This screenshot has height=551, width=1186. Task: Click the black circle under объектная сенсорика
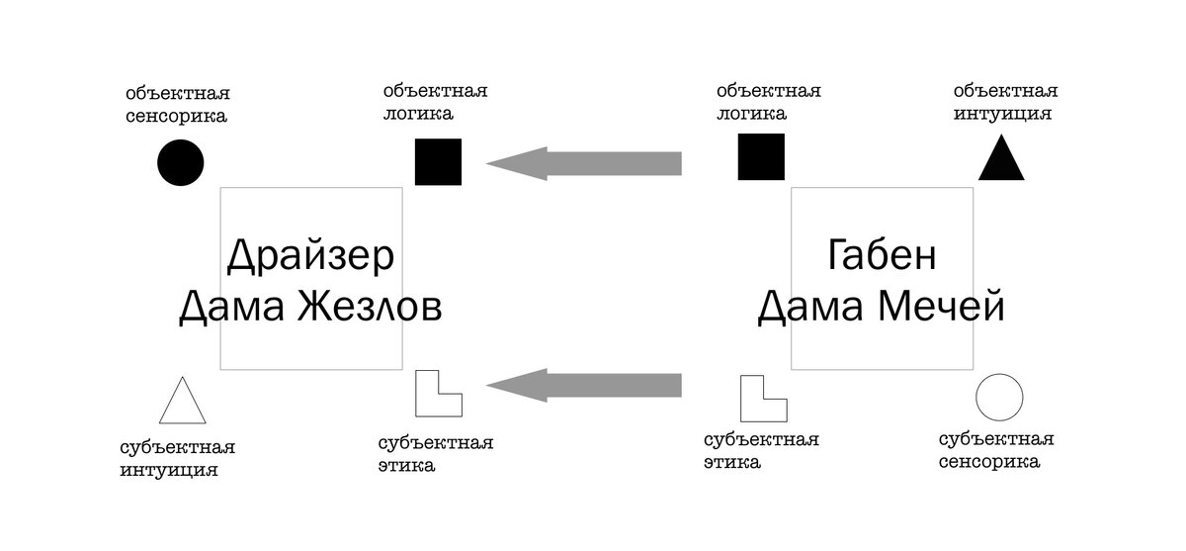pyautogui.click(x=180, y=162)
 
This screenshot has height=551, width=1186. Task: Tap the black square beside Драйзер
pyautogui.click(x=438, y=162)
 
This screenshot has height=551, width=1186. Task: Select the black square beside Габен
pyautogui.click(x=761, y=157)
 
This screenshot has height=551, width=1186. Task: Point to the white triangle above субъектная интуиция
pyautogui.click(x=183, y=402)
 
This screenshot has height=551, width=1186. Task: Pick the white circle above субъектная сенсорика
pyautogui.click(x=999, y=397)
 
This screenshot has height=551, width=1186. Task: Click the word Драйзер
pyautogui.click(x=310, y=255)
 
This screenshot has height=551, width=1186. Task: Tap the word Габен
pyautogui.click(x=882, y=255)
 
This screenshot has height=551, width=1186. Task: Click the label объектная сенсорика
pyautogui.click(x=177, y=104)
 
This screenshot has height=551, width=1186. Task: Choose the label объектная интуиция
pyautogui.click(x=1005, y=102)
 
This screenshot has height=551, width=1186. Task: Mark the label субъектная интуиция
pyautogui.click(x=177, y=458)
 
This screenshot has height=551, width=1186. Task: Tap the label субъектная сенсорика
pyautogui.click(x=995, y=450)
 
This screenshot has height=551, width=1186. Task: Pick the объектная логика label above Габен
pyautogui.click(x=768, y=102)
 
